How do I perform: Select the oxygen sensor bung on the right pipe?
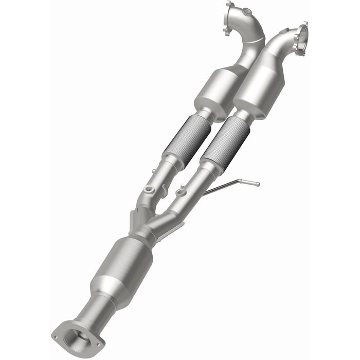click(181, 193)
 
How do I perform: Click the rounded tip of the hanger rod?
click(257, 184)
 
